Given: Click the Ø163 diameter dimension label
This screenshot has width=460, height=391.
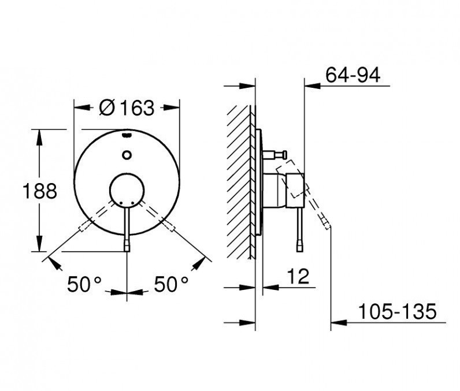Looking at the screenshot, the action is click(127, 107).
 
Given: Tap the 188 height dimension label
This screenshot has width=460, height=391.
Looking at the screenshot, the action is click(40, 191).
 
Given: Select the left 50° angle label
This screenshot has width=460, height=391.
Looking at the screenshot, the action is click(84, 284).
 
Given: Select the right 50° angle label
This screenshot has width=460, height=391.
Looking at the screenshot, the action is click(171, 284).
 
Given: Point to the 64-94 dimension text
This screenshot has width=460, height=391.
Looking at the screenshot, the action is click(353, 75).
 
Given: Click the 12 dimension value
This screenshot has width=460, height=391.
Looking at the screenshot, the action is click(298, 276).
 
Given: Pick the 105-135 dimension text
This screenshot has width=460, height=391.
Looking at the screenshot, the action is click(398, 311).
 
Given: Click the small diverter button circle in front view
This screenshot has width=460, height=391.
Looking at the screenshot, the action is click(127, 155).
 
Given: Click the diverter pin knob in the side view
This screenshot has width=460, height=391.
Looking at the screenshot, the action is click(284, 154).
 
